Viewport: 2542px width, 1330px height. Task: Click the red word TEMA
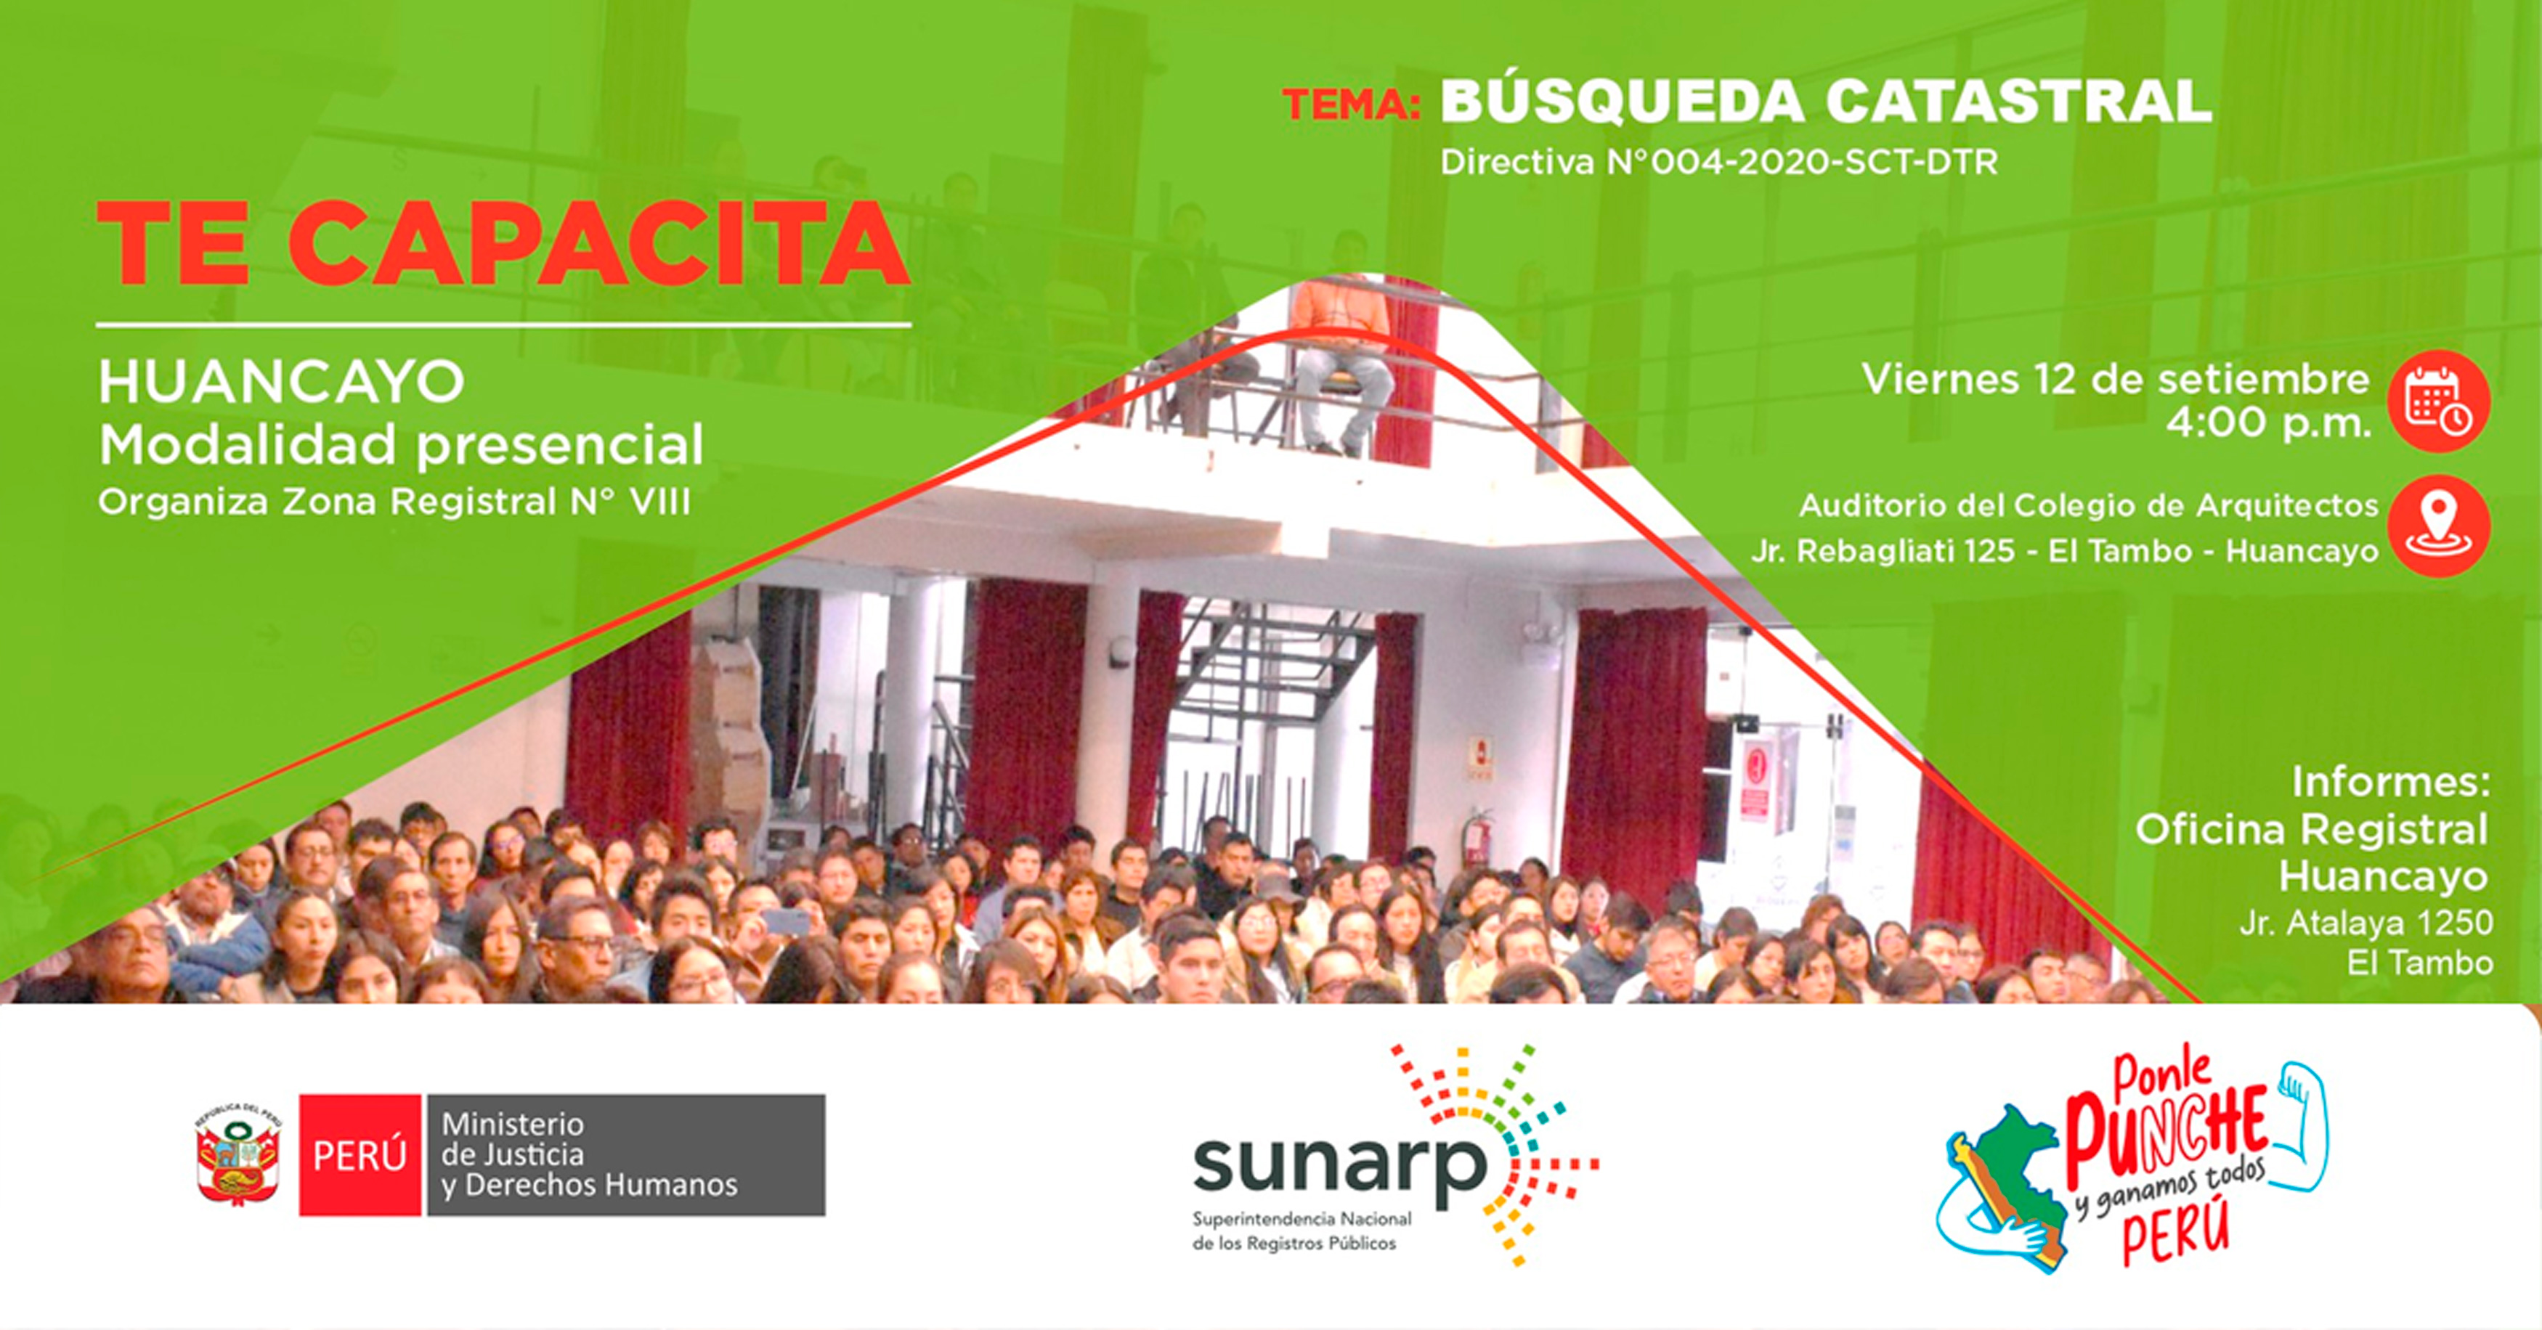[1351, 105]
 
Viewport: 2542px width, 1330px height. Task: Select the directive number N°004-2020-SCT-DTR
[1803, 162]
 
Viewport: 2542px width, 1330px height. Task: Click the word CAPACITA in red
[599, 244]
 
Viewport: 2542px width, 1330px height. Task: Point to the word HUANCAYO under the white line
[281, 382]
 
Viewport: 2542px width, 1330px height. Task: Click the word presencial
[559, 445]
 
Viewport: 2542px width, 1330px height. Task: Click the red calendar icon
[2438, 401]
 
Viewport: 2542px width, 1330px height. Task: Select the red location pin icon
[2438, 526]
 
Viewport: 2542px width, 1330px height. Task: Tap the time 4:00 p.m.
[2267, 424]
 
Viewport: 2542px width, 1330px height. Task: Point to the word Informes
[2390, 783]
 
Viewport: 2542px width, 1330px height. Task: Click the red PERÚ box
[360, 1154]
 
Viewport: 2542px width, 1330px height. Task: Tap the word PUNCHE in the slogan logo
[2166, 1137]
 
